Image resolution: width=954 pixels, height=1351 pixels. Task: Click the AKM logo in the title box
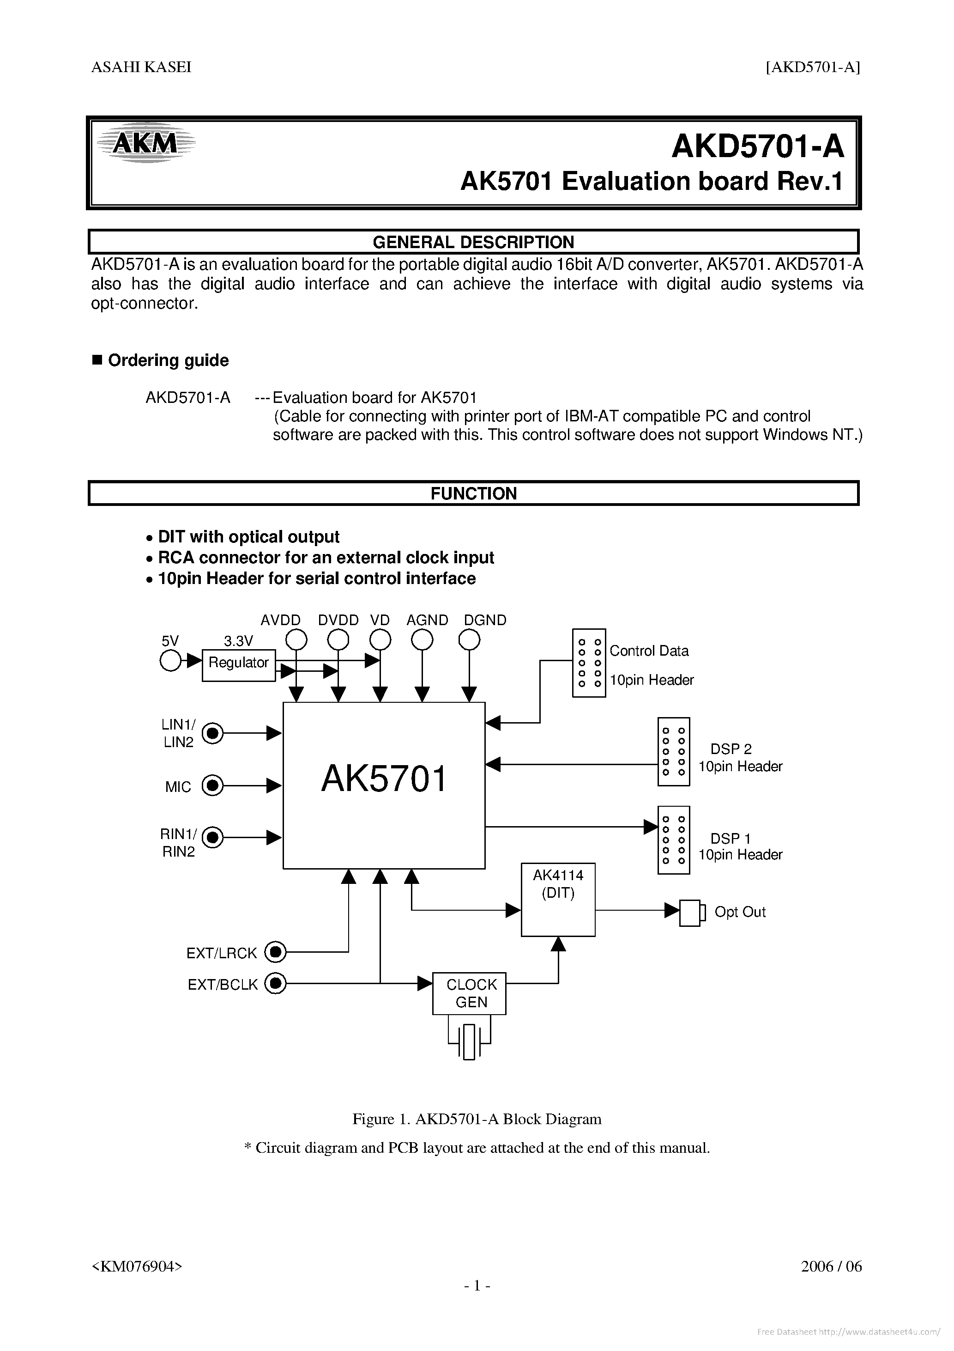(145, 143)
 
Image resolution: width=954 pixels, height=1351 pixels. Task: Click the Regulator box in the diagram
(238, 665)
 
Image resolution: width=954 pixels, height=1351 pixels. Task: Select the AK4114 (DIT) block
(558, 900)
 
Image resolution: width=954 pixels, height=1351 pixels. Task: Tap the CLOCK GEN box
(469, 993)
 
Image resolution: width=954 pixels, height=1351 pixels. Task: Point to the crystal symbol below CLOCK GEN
(469, 1041)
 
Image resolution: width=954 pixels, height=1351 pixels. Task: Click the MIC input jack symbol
(212, 785)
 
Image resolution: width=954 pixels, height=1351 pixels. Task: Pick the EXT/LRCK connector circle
(275, 951)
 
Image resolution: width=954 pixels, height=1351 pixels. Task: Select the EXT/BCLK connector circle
(275, 983)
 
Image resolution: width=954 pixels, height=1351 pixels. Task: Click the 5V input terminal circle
(170, 661)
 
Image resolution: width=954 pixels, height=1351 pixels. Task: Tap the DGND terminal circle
(469, 639)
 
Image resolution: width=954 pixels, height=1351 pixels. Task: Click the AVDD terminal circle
(296, 639)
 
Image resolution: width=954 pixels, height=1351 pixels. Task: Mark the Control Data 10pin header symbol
(589, 663)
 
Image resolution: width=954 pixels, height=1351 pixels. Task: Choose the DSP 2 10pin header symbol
(673, 751)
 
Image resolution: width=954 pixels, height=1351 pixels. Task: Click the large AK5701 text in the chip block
(384, 779)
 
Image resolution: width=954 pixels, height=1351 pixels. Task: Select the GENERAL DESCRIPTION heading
(473, 242)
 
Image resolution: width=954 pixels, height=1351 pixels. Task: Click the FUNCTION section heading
(473, 493)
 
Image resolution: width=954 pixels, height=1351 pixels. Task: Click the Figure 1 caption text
(477, 1119)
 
